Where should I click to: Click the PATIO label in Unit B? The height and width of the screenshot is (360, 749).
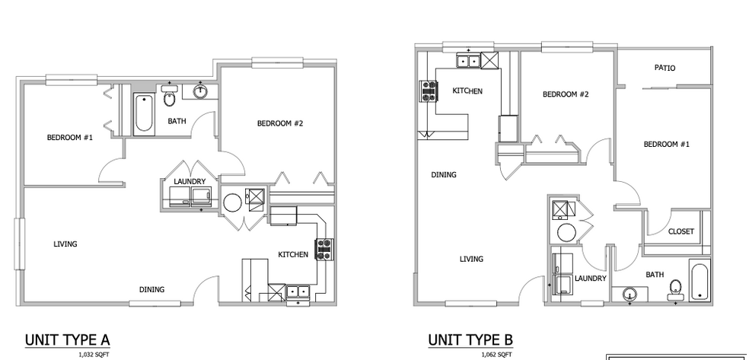(665, 68)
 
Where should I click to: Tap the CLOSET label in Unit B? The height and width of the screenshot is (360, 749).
(680, 231)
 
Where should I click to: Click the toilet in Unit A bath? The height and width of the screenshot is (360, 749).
(170, 100)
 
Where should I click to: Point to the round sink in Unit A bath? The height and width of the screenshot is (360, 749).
(200, 91)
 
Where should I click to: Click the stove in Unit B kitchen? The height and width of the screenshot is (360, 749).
(428, 93)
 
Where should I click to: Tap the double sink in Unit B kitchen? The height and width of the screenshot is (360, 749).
(467, 60)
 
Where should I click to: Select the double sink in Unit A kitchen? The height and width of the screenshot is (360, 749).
(298, 291)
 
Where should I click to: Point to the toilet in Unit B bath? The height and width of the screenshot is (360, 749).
(674, 287)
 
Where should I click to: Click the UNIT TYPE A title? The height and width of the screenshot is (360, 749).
(68, 339)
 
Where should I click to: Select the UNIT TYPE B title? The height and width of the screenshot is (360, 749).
(470, 339)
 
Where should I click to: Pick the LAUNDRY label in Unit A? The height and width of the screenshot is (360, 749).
(189, 182)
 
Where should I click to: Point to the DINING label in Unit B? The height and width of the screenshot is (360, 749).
(444, 175)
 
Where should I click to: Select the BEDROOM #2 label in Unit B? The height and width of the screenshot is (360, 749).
(566, 95)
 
